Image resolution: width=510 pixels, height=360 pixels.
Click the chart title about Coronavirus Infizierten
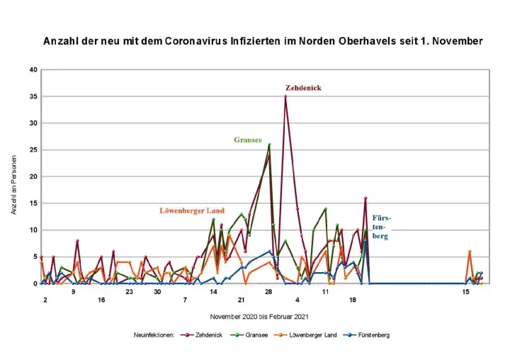263,41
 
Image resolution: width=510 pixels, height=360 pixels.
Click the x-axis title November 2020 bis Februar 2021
259,316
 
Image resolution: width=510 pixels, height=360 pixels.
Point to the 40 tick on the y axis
33,69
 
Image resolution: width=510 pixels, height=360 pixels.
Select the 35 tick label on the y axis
33,96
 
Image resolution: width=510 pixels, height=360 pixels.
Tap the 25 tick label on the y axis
33,150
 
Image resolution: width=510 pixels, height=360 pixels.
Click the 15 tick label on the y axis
33,203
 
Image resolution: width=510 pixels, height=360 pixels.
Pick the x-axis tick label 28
269,291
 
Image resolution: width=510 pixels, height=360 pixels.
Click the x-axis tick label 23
130,291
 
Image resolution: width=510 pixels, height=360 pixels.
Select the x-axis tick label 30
157,291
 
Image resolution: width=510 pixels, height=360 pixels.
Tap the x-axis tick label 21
241,291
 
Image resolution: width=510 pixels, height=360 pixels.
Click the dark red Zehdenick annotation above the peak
303,88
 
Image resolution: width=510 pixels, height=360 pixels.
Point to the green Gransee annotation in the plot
249,140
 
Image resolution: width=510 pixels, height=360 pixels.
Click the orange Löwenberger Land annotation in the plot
192,210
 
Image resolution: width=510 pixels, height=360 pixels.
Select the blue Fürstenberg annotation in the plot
381,227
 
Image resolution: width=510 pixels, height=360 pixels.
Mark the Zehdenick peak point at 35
285,96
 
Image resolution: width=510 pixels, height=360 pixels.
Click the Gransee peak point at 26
269,145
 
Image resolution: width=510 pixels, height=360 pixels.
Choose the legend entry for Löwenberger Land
312,334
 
